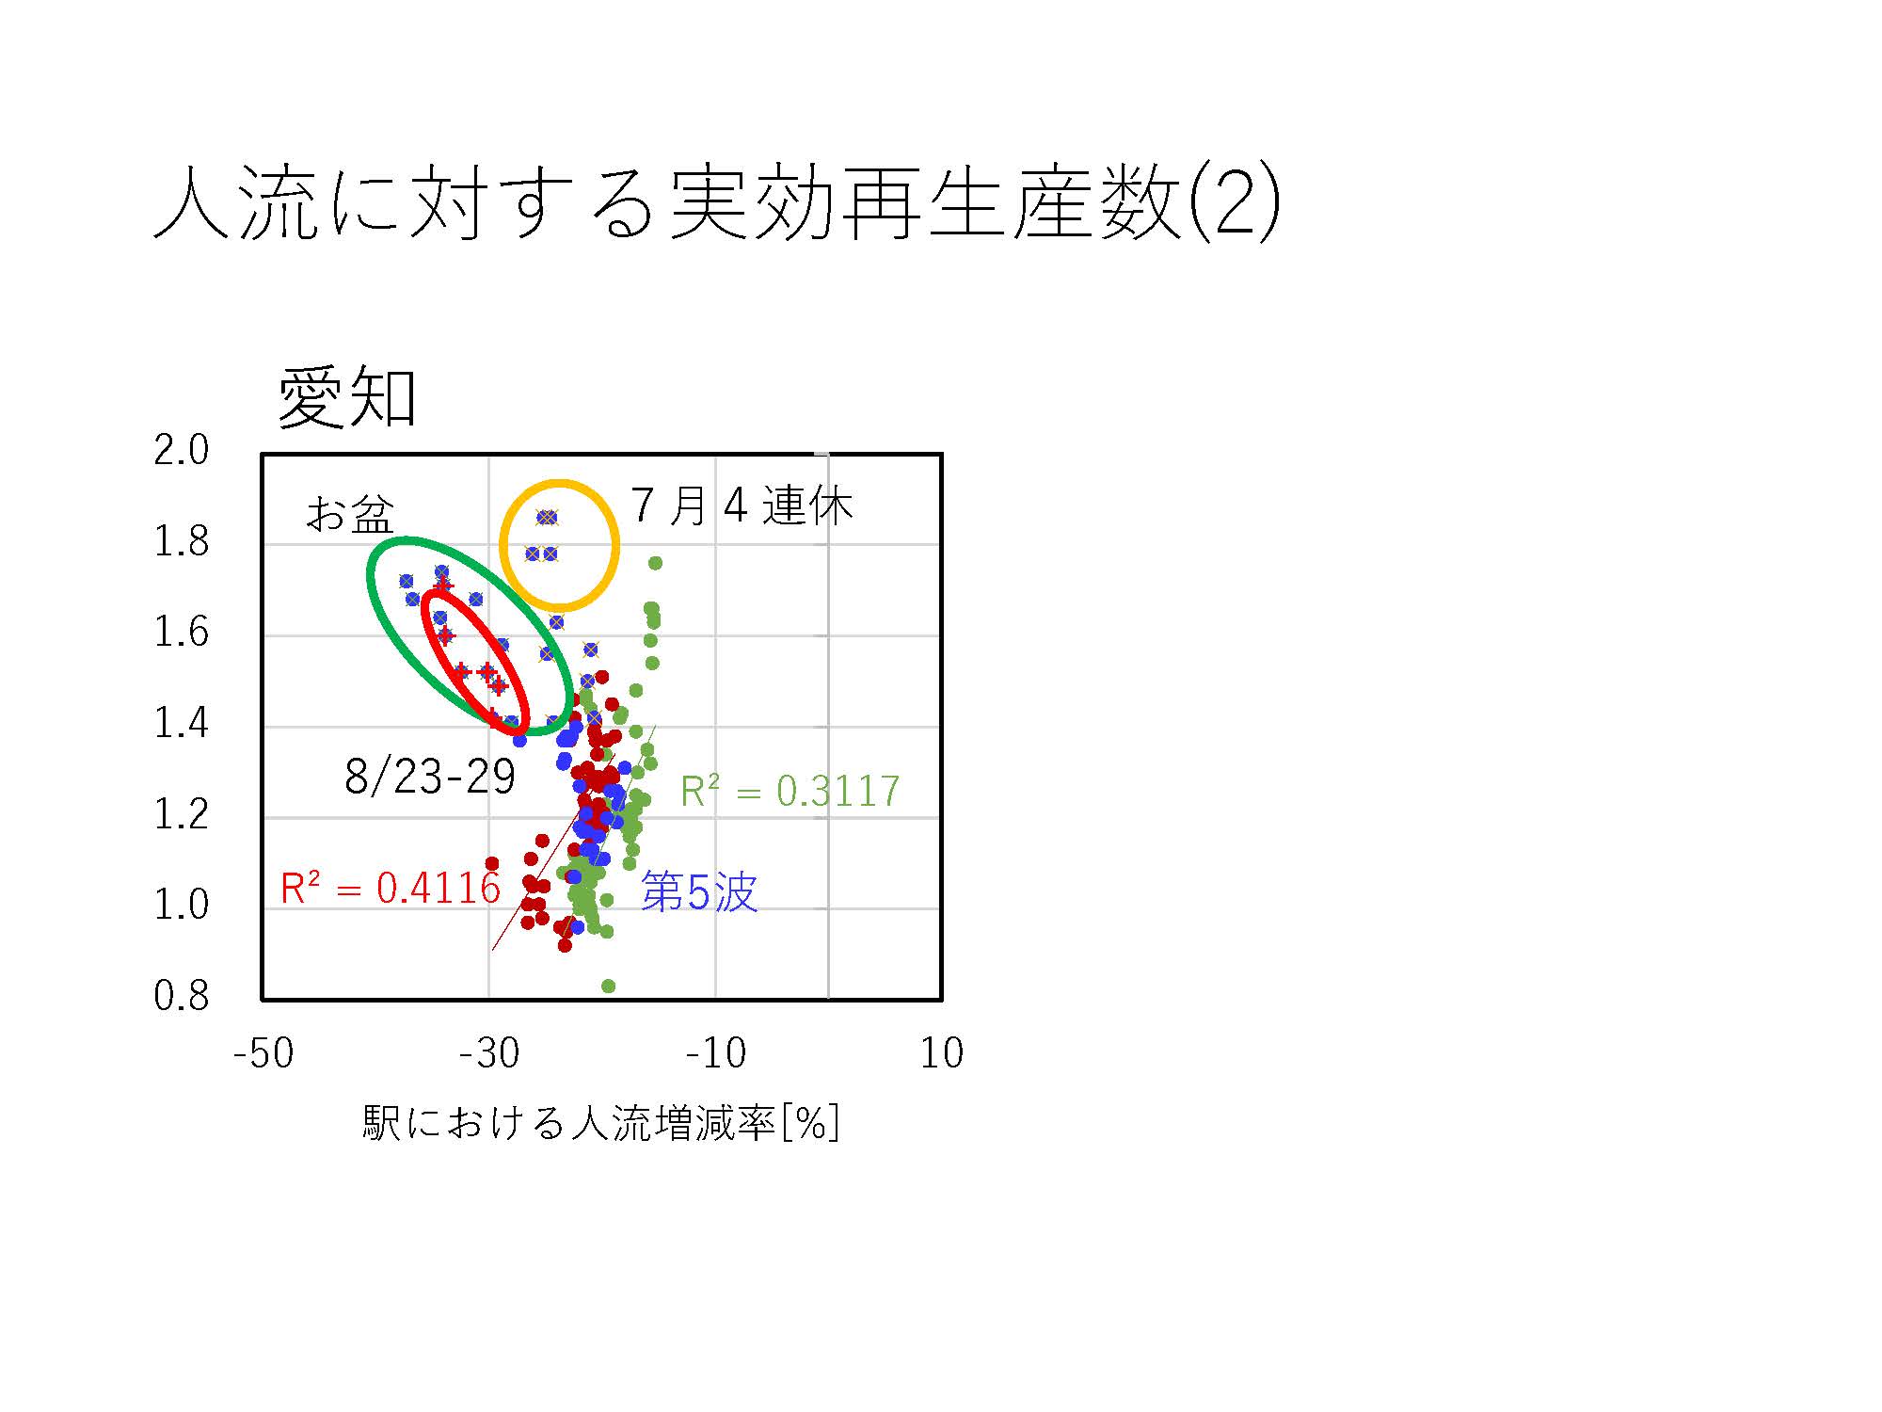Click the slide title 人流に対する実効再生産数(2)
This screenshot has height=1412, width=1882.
click(716, 202)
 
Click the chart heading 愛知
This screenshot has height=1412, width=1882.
click(347, 398)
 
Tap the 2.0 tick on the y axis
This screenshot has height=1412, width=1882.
click(182, 450)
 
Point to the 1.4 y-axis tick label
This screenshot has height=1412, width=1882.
click(182, 723)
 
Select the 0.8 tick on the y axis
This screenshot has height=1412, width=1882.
click(182, 996)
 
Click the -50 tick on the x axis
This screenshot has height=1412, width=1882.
click(263, 1053)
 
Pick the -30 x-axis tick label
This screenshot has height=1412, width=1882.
click(489, 1053)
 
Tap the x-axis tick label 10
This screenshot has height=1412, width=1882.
click(942, 1053)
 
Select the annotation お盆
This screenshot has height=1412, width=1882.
click(350, 515)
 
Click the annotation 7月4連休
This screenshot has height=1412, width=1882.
click(742, 506)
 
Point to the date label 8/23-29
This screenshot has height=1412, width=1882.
click(430, 777)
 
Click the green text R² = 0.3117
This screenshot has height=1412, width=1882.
click(790, 792)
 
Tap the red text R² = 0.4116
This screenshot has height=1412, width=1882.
click(391, 888)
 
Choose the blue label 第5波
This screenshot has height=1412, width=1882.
click(699, 891)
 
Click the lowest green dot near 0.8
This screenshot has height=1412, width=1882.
click(608, 986)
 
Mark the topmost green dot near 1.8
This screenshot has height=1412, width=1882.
click(655, 563)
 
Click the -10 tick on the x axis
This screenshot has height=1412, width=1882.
click(715, 1053)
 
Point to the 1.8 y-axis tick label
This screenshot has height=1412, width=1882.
click(182, 541)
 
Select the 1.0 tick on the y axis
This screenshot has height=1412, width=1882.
click(182, 905)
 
